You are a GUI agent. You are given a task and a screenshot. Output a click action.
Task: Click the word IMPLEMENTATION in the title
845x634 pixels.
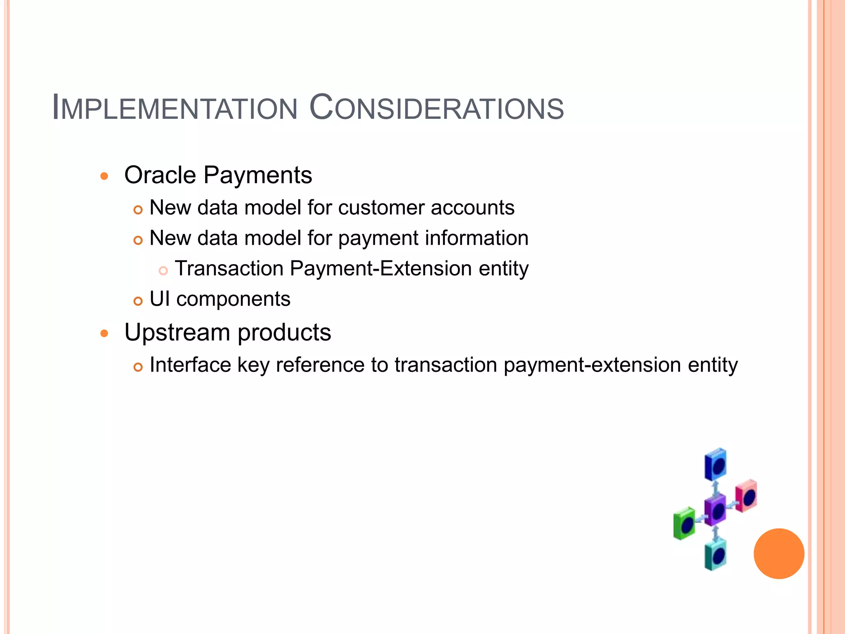(x=175, y=108)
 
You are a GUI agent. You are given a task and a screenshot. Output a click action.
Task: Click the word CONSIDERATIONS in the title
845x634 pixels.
(x=437, y=108)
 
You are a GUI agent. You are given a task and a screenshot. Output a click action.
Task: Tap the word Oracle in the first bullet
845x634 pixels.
(x=160, y=175)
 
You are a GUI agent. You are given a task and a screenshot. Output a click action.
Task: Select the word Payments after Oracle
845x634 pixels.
(x=258, y=175)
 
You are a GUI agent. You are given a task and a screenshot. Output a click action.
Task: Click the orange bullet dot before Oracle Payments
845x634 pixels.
(x=104, y=177)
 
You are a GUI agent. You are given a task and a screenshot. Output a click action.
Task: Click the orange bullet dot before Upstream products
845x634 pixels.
(x=104, y=334)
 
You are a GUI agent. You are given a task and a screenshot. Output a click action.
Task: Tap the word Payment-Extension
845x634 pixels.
(x=381, y=269)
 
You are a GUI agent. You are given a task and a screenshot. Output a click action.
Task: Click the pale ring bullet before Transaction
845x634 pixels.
(x=163, y=271)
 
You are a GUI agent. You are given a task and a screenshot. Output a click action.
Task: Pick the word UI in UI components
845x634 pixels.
(x=160, y=299)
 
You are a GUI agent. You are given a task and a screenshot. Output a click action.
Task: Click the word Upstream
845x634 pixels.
(x=177, y=333)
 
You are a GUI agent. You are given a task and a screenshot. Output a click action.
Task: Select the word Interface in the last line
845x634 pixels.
(x=190, y=365)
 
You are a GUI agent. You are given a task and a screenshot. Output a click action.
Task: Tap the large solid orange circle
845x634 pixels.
(x=779, y=554)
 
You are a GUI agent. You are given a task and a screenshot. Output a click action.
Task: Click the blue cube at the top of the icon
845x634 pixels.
(x=715, y=464)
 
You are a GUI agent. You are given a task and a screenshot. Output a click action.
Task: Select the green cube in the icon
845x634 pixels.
(x=684, y=523)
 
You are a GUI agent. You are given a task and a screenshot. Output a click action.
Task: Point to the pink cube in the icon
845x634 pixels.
(x=746, y=496)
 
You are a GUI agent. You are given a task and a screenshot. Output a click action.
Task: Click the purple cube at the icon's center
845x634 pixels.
(x=715, y=510)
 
